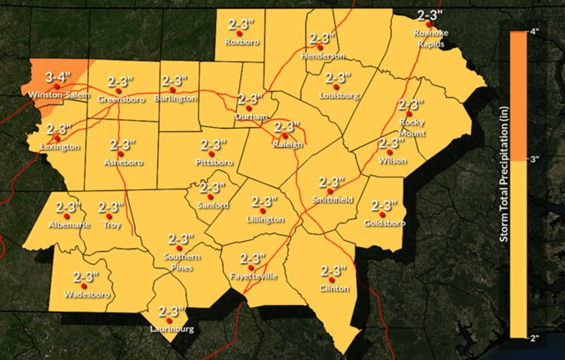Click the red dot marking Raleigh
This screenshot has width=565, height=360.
tap(285, 136)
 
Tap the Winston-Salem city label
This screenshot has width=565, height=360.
tap(59, 95)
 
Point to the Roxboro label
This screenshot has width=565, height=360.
tap(241, 42)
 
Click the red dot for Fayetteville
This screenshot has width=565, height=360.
tap(251, 268)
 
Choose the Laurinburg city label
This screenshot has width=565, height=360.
tap(172, 329)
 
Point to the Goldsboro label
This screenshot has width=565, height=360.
tap(384, 223)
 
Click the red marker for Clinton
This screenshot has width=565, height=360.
tap(331, 280)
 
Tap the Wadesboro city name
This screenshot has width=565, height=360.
tap(87, 295)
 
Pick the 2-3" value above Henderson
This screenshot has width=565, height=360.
tap(322, 38)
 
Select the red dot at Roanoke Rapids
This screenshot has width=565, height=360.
tap(428, 24)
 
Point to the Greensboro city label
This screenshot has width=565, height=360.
tap(121, 99)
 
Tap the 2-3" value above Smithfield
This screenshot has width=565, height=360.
tap(331, 182)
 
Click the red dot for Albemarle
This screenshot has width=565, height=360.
tap(67, 216)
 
